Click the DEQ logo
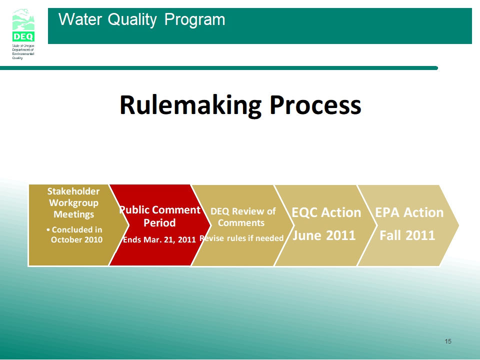[23, 25]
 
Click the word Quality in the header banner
[132, 20]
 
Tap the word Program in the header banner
[194, 20]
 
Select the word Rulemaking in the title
[190, 105]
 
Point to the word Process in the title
[315, 105]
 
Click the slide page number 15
[448, 341]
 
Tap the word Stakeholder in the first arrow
[73, 191]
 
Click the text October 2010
[76, 239]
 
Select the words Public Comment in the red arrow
[159, 209]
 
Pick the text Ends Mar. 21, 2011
[159, 239]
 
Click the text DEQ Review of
[243, 211]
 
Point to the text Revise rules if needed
[241, 238]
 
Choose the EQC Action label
[326, 212]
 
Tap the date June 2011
[324, 235]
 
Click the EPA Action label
[409, 212]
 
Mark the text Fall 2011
[407, 235]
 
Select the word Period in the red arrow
[159, 222]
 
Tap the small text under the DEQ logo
[23, 51]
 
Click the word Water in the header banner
[80, 19]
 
